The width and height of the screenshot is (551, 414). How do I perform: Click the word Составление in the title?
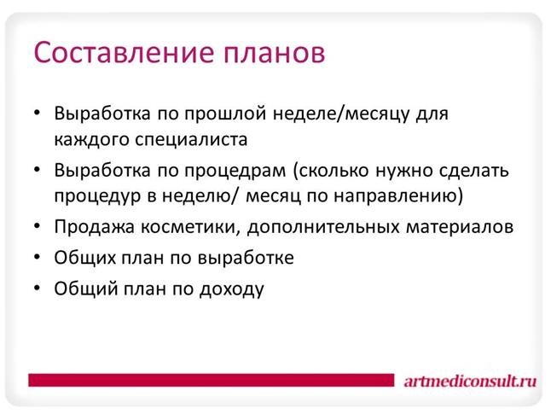[124, 52]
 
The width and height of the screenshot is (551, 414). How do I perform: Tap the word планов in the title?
[275, 54]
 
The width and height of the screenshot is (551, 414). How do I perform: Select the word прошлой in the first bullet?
[225, 114]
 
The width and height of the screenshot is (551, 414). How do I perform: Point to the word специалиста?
[192, 140]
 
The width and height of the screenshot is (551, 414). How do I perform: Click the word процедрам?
[235, 172]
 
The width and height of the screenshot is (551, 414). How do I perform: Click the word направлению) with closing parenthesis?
[399, 196]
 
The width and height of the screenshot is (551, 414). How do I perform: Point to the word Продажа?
[94, 227]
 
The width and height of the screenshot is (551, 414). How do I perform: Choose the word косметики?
[191, 228]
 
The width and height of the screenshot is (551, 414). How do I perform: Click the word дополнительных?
[323, 228]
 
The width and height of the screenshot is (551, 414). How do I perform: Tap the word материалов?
[460, 228]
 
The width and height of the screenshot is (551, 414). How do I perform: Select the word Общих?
[85, 258]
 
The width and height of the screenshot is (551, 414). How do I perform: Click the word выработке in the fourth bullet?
[246, 258]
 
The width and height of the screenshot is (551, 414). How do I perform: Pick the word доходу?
[232, 289]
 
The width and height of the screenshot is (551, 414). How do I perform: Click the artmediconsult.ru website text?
[470, 381]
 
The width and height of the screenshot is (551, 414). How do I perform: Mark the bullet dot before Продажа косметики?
[38, 226]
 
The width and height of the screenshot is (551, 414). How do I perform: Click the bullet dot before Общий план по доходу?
[38, 288]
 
